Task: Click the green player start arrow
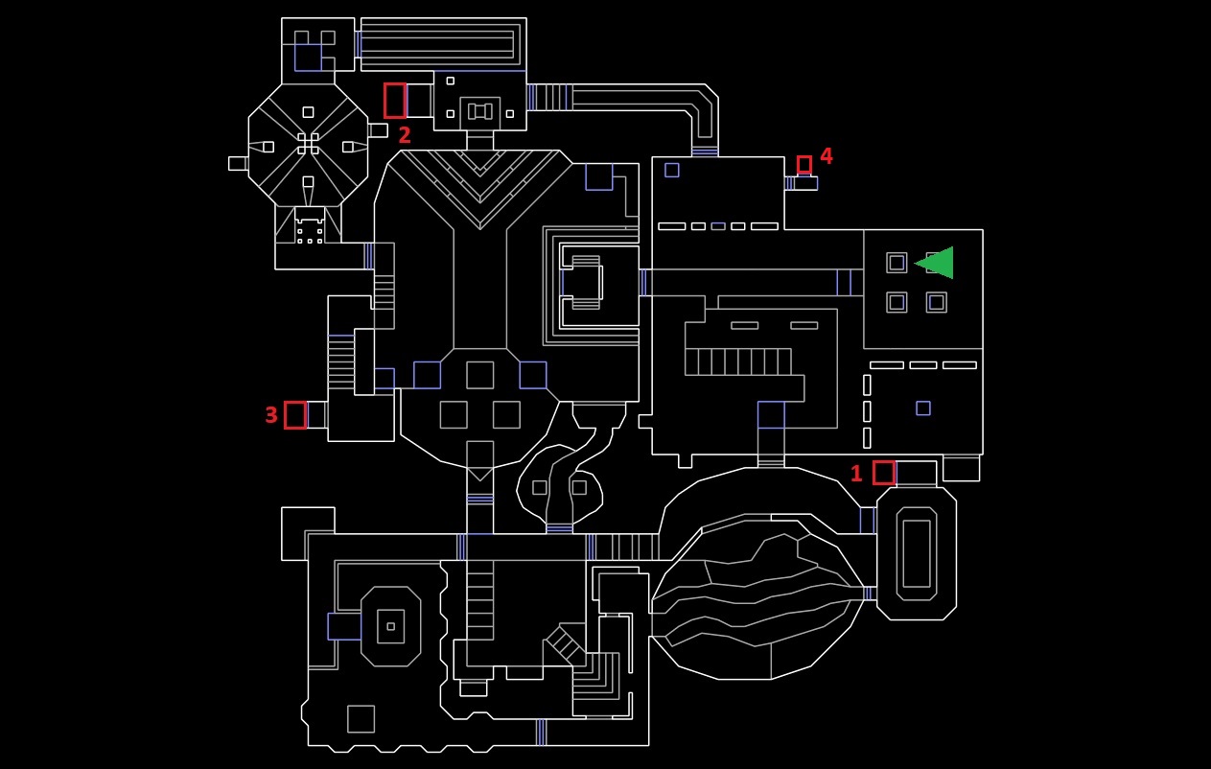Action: [937, 263]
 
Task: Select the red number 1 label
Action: [856, 474]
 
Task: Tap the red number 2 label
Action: [405, 134]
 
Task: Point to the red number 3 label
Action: [270, 415]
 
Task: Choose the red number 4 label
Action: [827, 155]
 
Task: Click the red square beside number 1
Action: [884, 473]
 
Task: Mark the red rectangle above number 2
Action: [395, 100]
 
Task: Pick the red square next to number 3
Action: [295, 415]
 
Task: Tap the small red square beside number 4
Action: [803, 164]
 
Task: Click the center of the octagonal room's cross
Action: [308, 144]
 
